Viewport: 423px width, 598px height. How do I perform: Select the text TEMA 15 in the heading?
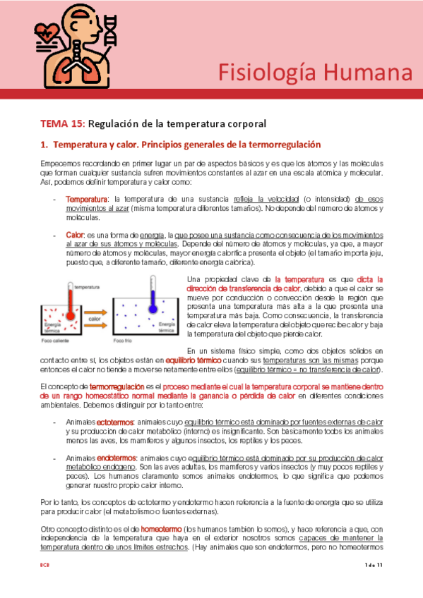[x=61, y=123]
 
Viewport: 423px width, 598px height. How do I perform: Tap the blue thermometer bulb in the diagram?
[x=153, y=307]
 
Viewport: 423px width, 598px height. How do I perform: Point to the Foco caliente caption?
[x=56, y=340]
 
